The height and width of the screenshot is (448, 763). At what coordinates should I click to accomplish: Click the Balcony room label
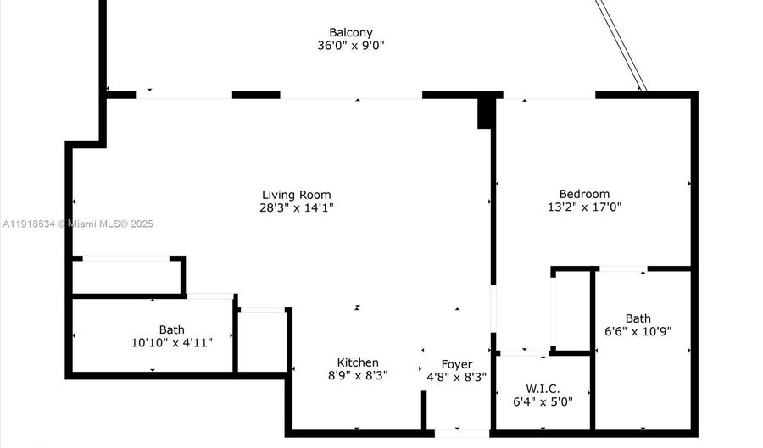(x=351, y=32)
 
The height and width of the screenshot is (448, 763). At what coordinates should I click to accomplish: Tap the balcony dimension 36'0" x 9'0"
(x=351, y=46)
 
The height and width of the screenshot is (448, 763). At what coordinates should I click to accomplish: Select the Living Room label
(x=296, y=195)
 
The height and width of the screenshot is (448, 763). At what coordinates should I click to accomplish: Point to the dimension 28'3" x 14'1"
(x=296, y=207)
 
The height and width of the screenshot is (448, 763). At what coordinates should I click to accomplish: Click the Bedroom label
(x=584, y=194)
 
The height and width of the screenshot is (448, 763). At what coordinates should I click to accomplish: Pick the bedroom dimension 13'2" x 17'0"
(x=584, y=207)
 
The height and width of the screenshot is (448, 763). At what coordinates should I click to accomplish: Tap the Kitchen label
(x=358, y=362)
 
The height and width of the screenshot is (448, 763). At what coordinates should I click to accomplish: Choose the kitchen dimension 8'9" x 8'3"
(x=358, y=376)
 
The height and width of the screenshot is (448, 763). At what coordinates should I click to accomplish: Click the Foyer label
(x=457, y=364)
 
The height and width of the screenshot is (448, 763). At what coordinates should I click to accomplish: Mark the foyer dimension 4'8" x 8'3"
(x=457, y=378)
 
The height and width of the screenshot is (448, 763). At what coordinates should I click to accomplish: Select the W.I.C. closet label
(x=543, y=388)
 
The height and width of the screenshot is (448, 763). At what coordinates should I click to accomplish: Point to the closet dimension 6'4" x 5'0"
(x=543, y=401)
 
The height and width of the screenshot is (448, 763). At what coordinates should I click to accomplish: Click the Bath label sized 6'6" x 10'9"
(x=638, y=318)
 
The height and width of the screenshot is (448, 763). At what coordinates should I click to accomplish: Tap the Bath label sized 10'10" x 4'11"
(x=171, y=329)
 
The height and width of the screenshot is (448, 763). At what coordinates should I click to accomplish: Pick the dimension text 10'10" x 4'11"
(x=171, y=343)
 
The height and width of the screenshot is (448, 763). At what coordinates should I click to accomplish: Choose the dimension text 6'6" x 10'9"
(x=638, y=332)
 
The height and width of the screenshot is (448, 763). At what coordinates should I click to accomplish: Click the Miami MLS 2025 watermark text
(x=77, y=224)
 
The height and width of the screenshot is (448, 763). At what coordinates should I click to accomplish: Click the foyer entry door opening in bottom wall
(x=462, y=434)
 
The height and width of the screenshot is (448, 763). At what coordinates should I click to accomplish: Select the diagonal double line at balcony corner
(x=622, y=44)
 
